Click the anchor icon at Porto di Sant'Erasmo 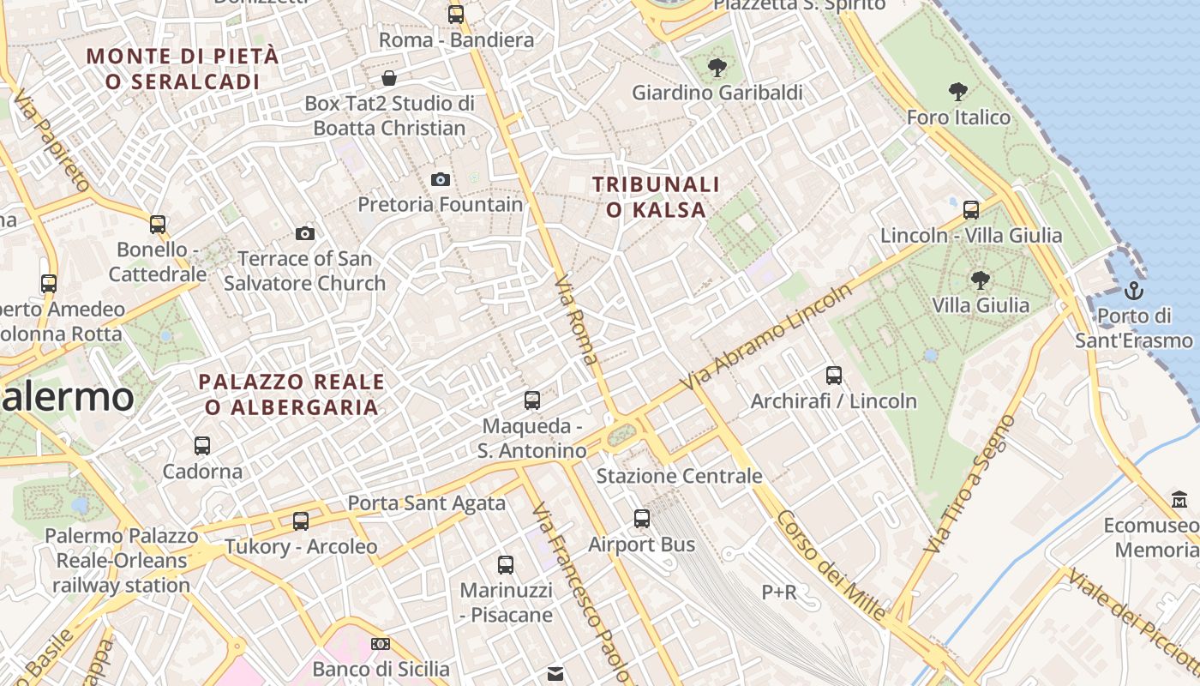(x=1134, y=290)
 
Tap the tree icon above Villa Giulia (x=980, y=280)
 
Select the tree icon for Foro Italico (x=957, y=92)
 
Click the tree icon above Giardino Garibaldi (x=717, y=66)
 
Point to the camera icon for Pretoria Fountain (x=441, y=179)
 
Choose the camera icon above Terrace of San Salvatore (x=304, y=233)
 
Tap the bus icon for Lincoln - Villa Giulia (x=971, y=209)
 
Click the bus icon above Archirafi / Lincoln (x=834, y=375)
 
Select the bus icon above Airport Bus (x=642, y=518)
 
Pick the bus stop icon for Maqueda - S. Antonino (x=532, y=400)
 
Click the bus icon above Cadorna (x=202, y=445)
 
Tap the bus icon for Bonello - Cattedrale (x=158, y=224)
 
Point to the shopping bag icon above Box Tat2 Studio (x=389, y=78)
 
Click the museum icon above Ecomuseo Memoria (x=1179, y=499)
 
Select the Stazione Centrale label (x=679, y=476)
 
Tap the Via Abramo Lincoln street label (x=766, y=335)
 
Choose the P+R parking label (x=779, y=592)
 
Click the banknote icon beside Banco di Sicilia (x=381, y=643)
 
